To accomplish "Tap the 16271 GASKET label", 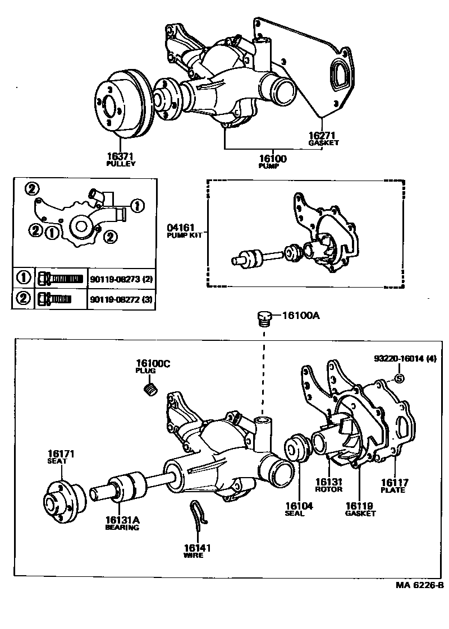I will click(x=324, y=138).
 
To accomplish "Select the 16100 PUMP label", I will click(x=272, y=161).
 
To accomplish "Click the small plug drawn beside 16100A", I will click(x=264, y=318).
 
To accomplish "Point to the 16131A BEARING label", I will click(x=122, y=523).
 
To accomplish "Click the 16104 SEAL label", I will click(x=299, y=509).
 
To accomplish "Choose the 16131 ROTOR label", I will click(x=328, y=484).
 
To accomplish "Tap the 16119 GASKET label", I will click(x=360, y=508).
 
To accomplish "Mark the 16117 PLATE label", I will click(x=395, y=484).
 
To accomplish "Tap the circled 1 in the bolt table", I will click(x=24, y=278).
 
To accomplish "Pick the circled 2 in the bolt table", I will click(x=24, y=299).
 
